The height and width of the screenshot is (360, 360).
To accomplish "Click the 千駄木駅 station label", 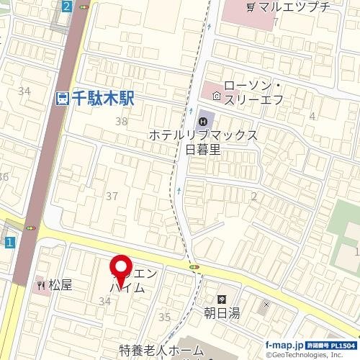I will coord(101,99).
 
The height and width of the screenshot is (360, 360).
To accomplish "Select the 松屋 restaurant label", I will coord(61,284).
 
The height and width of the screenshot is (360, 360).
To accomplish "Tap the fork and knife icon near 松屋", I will coord(40,284).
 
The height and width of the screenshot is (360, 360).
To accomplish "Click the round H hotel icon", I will coord(204,117).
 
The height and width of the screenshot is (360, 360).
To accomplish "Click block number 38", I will coord(121,122).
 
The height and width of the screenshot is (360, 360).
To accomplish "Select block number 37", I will coord(112,196).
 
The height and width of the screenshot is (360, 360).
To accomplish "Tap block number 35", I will coord(164,316).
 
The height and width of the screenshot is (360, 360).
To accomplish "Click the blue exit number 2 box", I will coord(67,6).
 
